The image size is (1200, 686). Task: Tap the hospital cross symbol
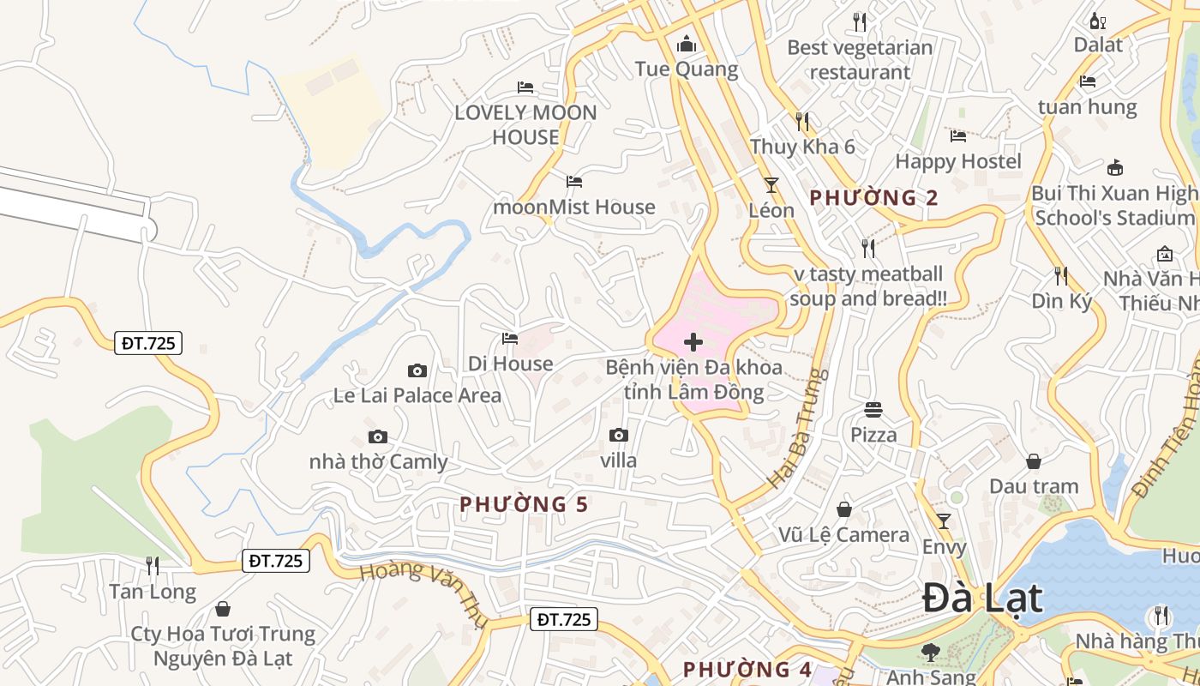(693, 343)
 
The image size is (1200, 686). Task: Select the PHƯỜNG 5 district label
(524, 504)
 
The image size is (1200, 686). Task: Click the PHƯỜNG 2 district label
(873, 198)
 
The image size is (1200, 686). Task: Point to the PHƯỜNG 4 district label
(747, 669)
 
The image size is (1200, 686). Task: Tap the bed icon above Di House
(510, 339)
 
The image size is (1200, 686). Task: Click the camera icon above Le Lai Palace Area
(417, 370)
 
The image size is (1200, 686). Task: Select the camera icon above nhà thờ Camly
(378, 437)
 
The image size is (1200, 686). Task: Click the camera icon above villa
(619, 436)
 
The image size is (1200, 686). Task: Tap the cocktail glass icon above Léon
(771, 184)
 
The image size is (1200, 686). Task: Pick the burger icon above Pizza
(873, 410)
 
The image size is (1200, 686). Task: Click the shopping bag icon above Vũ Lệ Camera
(844, 510)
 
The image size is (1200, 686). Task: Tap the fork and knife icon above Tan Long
(153, 566)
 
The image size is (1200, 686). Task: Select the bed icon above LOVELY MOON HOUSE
(525, 87)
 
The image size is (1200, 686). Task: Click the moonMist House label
(573, 207)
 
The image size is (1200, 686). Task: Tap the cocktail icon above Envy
(944, 521)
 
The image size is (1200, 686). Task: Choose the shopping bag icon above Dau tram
(1034, 461)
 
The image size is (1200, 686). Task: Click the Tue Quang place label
(686, 69)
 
